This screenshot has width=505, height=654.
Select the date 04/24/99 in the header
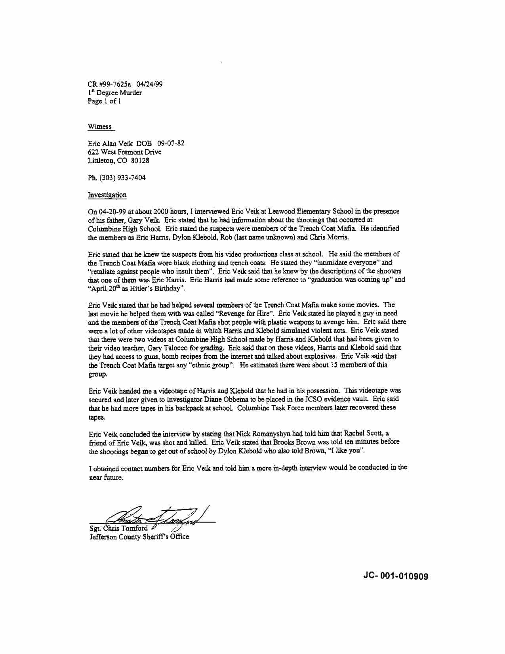pos(149,84)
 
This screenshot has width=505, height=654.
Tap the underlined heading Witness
pos(100,127)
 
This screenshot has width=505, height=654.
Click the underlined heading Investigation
pos(107,195)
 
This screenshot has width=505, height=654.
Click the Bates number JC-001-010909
pos(395,576)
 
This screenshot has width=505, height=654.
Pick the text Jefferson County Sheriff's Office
pos(139,537)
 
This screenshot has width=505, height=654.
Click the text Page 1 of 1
pos(104,101)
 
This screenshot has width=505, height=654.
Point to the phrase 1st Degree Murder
pos(114,93)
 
